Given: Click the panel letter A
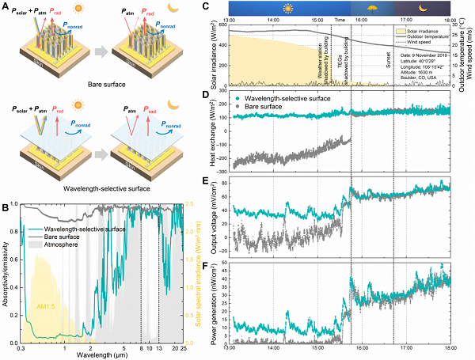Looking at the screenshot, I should [6, 6].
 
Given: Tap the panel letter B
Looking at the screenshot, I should [6, 207].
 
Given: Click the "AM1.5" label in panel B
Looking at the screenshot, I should [46, 305].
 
